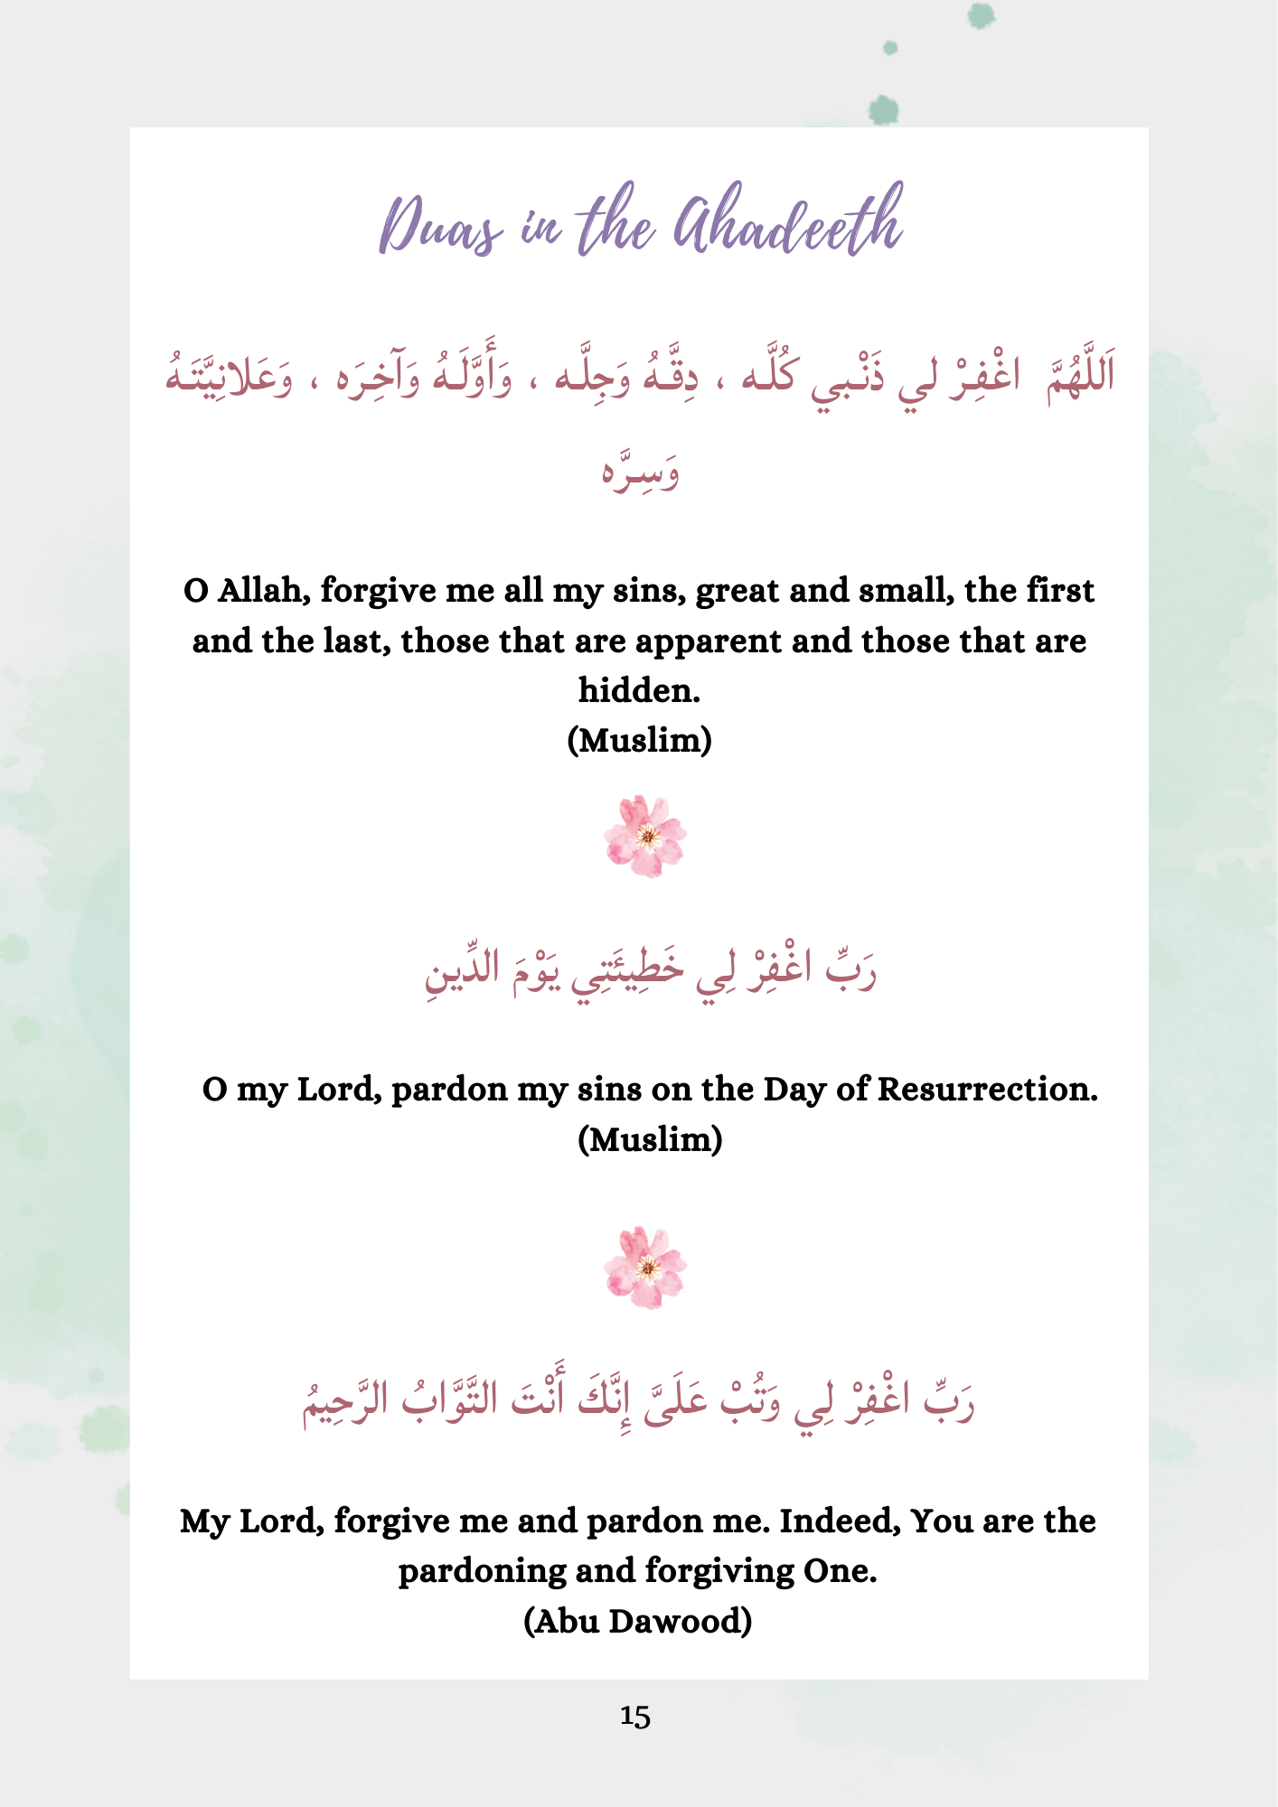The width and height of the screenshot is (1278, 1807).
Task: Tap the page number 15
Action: point(635,1717)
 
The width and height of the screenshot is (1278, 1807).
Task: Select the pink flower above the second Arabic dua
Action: point(645,837)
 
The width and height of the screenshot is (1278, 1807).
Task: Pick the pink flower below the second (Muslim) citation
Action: point(645,1268)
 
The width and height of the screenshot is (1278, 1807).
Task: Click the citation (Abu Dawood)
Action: point(638,1621)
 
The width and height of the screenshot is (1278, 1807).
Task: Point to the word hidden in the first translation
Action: point(639,691)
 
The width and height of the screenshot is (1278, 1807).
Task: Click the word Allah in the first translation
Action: point(265,591)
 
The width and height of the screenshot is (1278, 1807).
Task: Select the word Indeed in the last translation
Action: point(840,1521)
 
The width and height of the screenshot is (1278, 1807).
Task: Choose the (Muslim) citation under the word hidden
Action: point(639,741)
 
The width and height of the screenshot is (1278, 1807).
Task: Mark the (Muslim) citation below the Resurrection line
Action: point(650,1140)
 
